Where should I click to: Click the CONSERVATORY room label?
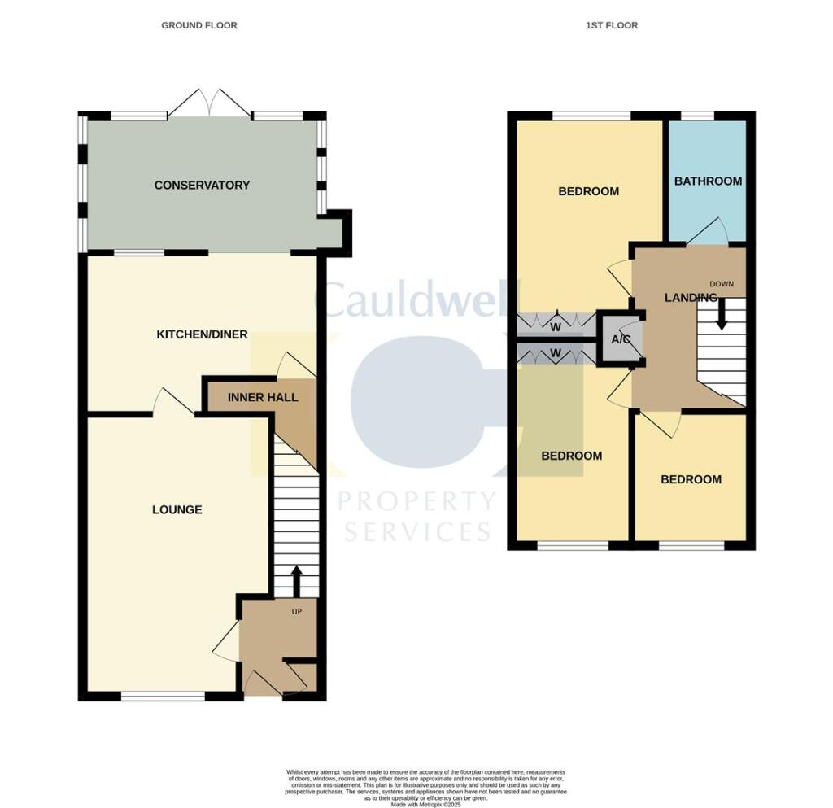(202, 186)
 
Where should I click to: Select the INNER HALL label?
(263, 398)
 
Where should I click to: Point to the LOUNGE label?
(177, 510)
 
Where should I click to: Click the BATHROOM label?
(708, 181)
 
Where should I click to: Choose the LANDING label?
(691, 298)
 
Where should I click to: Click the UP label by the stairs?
(296, 612)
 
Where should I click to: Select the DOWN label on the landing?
(722, 284)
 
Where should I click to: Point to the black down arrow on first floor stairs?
(722, 313)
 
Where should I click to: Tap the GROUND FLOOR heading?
(199, 25)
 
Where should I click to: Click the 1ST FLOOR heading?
(612, 25)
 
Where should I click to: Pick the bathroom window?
(697, 116)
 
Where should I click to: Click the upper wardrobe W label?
(556, 327)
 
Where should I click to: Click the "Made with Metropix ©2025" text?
(426, 805)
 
